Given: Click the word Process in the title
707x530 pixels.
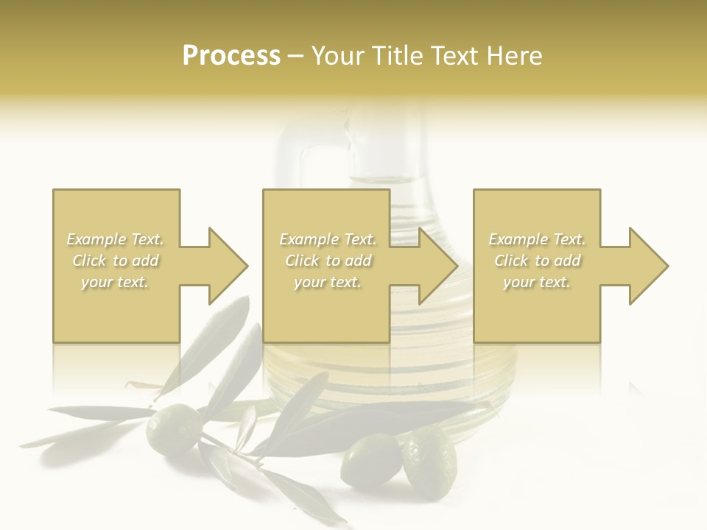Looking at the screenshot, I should (231, 56).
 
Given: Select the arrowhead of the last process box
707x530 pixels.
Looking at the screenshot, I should (647, 266).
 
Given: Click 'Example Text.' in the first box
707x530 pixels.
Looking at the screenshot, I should (115, 239).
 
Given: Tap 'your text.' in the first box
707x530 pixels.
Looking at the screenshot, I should (115, 282).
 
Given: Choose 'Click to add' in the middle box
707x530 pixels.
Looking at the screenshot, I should (328, 261).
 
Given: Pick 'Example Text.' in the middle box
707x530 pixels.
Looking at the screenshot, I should (328, 239).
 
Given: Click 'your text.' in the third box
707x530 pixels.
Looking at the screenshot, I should (537, 282).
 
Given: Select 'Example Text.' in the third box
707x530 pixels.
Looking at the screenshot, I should (537, 239).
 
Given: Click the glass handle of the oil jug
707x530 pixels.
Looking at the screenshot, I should (295, 158).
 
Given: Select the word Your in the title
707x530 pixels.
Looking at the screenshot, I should (338, 56).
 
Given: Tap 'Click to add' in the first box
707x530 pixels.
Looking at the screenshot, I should (115, 261).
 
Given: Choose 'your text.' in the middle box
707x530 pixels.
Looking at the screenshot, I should (328, 282).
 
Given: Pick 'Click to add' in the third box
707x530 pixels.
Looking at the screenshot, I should (537, 261).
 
